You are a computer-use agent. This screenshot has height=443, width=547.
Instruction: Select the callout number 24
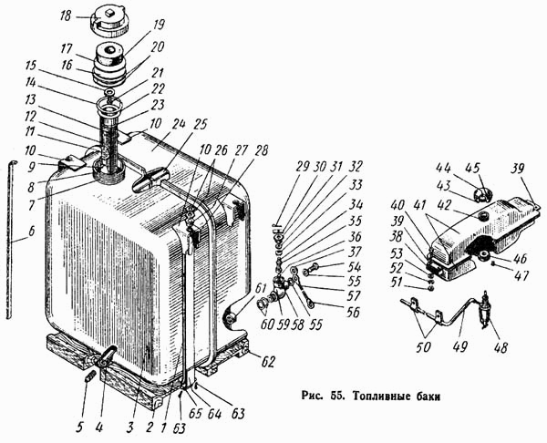pyautogui.click(x=176, y=124)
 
